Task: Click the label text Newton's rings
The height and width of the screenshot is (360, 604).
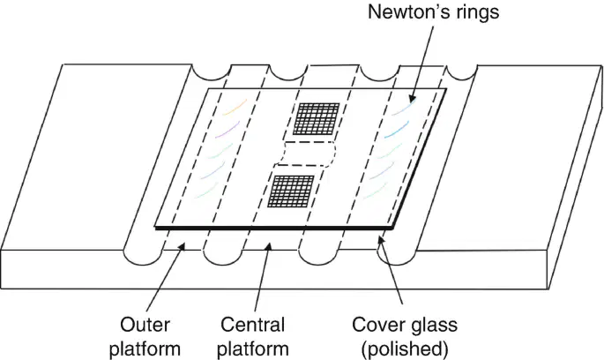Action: click(433, 11)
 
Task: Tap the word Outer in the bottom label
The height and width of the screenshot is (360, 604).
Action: click(145, 325)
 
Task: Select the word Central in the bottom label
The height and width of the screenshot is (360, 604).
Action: click(253, 325)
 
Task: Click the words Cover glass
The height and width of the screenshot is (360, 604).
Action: click(405, 325)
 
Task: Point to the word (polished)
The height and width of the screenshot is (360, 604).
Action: click(405, 349)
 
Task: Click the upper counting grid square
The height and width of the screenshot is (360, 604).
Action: click(317, 119)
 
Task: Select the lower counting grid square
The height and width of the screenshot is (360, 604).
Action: click(291, 191)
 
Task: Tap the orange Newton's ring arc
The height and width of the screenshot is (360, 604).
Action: click(235, 107)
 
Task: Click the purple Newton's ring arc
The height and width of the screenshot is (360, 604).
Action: click(227, 130)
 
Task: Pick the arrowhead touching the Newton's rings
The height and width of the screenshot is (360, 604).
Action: click(412, 98)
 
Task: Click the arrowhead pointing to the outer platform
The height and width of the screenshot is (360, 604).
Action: click(182, 246)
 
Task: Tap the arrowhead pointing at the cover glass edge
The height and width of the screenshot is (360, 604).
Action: click(381, 241)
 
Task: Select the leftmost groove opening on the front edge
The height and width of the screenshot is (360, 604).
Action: click(143, 258)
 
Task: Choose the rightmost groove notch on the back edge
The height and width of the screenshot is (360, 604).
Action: click(461, 73)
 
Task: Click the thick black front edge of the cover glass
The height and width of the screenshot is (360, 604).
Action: click(274, 229)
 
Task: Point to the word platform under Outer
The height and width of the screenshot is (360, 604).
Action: click(145, 349)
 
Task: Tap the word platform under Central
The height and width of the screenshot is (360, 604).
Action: click(253, 349)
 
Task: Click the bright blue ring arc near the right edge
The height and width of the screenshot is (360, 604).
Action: click(397, 130)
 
